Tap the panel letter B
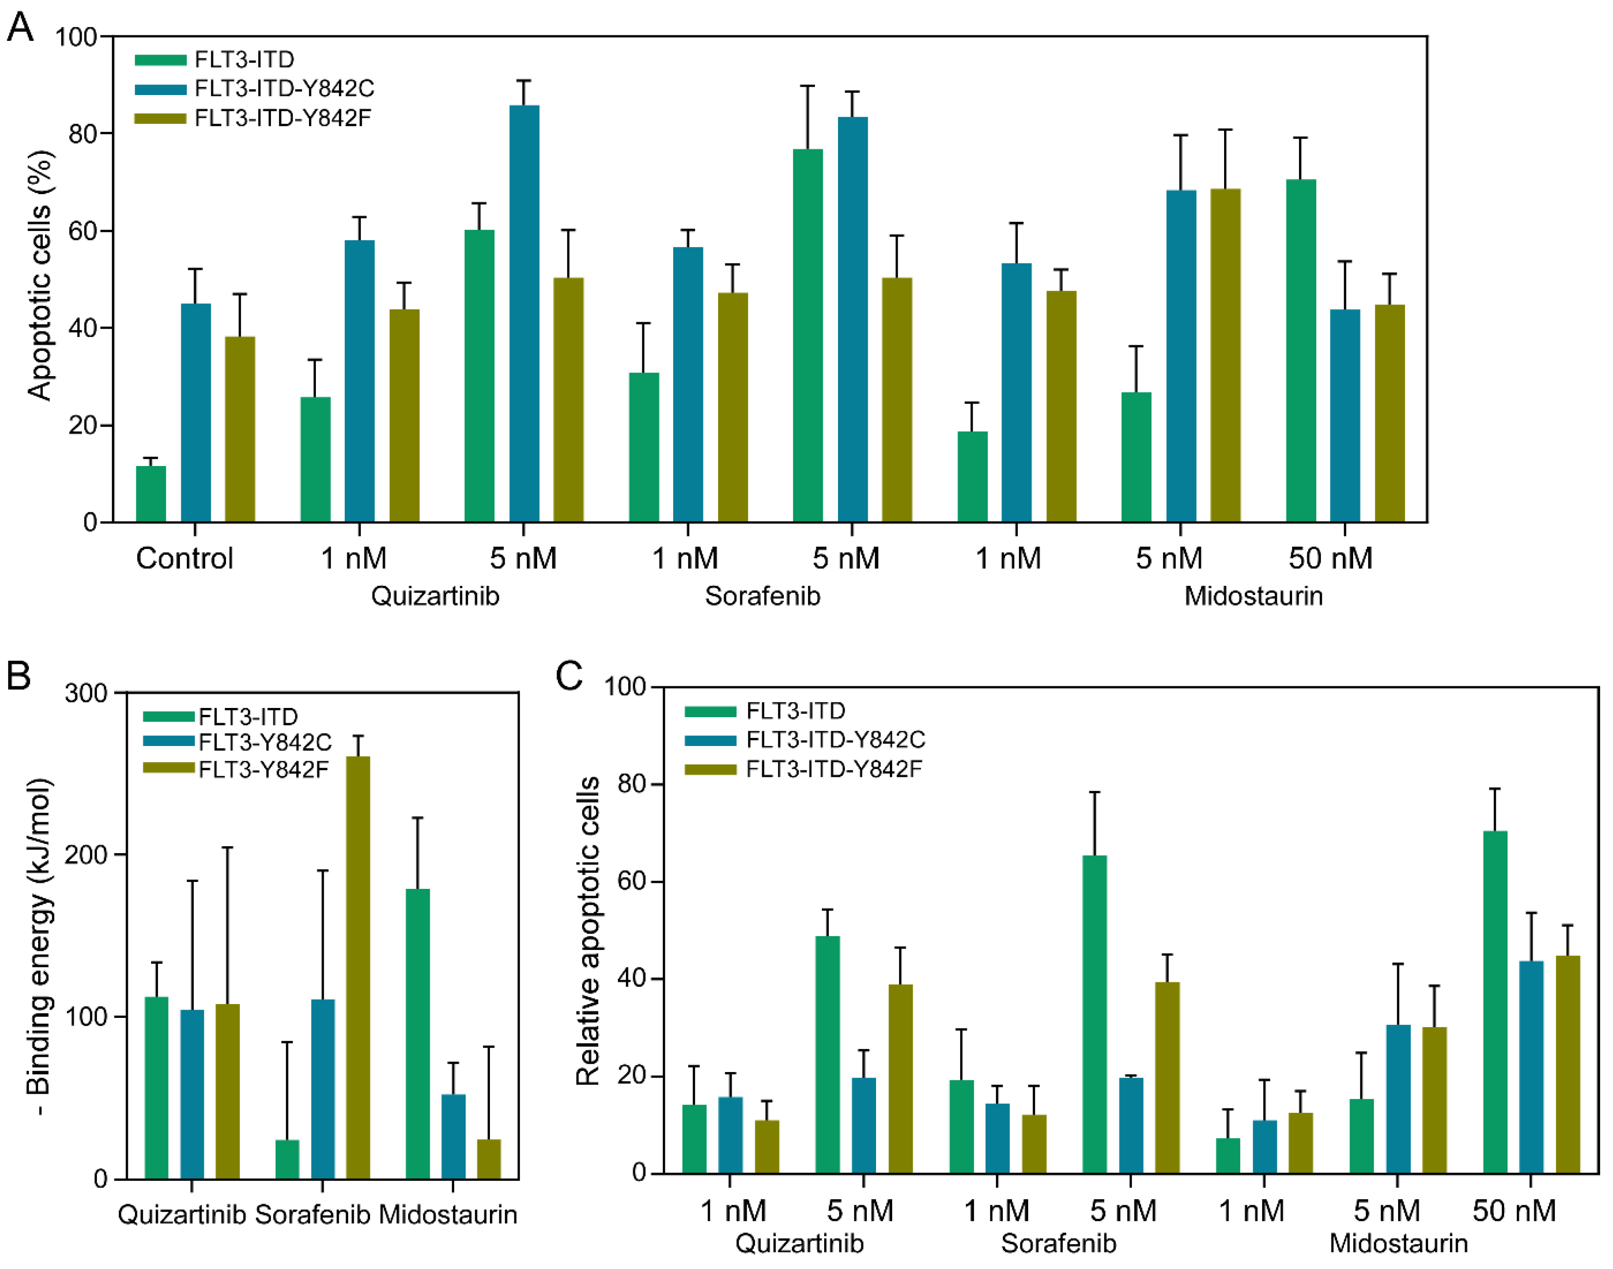[x=18, y=676]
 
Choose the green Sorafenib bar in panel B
[x=287, y=1159]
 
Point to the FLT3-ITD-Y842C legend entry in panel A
[x=284, y=89]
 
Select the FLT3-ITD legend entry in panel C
[x=795, y=711]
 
